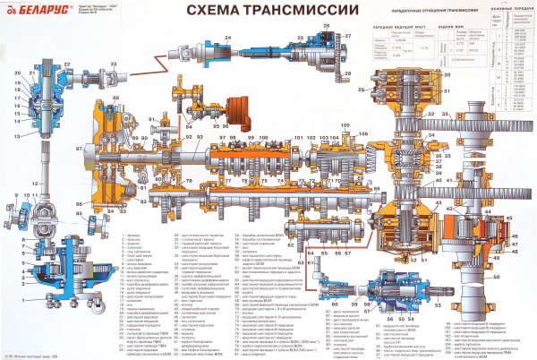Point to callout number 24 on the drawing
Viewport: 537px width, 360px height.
click(x=228, y=35)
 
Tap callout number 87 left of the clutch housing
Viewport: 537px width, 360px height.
click(x=80, y=147)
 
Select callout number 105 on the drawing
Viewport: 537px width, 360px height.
click(x=345, y=126)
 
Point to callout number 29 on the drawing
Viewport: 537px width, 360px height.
click(x=362, y=90)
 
